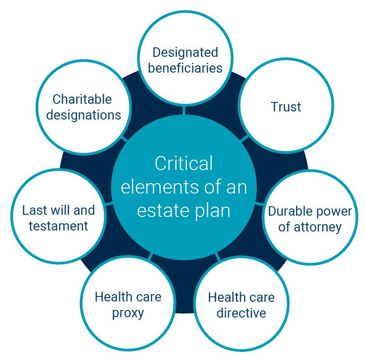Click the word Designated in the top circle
185,52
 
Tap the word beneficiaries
185,68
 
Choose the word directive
241,313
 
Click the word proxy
128,313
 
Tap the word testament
59,226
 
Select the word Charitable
82,99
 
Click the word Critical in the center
184,163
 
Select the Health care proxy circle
128,304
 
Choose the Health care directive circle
241,305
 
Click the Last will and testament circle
59,217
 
